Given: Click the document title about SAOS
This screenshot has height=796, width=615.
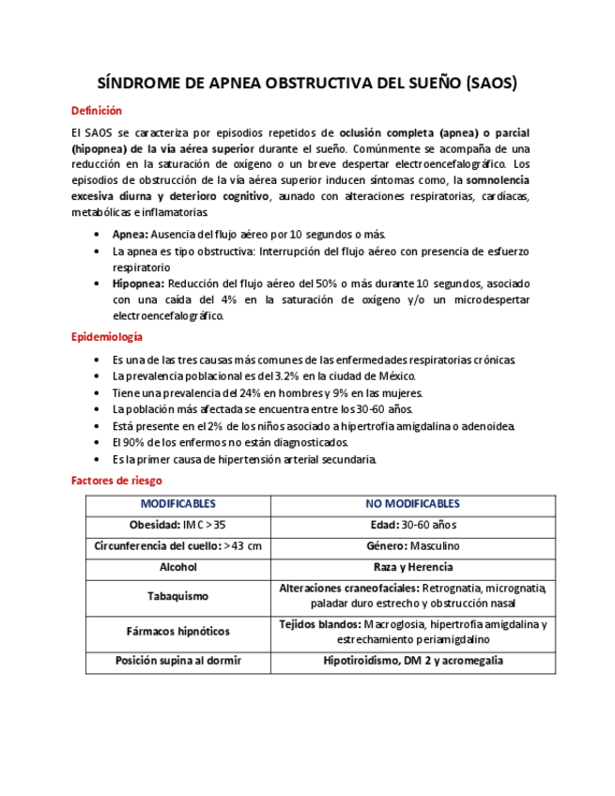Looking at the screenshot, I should (x=307, y=83).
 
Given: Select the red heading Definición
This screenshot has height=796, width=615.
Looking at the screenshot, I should (x=97, y=111).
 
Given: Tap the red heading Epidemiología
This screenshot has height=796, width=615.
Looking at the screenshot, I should (x=107, y=337).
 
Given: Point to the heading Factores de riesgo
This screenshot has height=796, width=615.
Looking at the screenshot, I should (x=115, y=480).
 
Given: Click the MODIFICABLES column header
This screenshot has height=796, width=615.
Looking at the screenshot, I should (x=177, y=504).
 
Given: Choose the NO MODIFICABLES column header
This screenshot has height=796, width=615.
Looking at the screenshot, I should (x=412, y=504).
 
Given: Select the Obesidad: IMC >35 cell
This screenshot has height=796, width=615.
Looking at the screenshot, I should (x=177, y=525).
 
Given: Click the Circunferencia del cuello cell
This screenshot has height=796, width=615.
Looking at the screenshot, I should (x=177, y=545).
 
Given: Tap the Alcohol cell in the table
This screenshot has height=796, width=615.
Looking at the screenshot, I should (x=177, y=567).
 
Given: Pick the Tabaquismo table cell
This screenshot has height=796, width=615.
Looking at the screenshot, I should (x=177, y=596).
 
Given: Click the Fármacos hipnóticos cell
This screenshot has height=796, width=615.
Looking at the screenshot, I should (x=177, y=631).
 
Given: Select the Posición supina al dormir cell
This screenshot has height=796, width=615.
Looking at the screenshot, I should (x=177, y=661).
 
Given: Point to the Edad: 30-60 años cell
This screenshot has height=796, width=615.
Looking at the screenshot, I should (x=412, y=525).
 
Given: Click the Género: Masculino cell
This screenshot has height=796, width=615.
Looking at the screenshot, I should (x=412, y=545).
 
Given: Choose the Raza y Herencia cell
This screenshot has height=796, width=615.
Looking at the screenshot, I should (x=412, y=567).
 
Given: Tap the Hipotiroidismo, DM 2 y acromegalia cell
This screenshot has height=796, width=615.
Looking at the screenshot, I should (x=412, y=661).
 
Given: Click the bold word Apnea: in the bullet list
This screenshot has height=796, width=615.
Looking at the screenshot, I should (x=130, y=234).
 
